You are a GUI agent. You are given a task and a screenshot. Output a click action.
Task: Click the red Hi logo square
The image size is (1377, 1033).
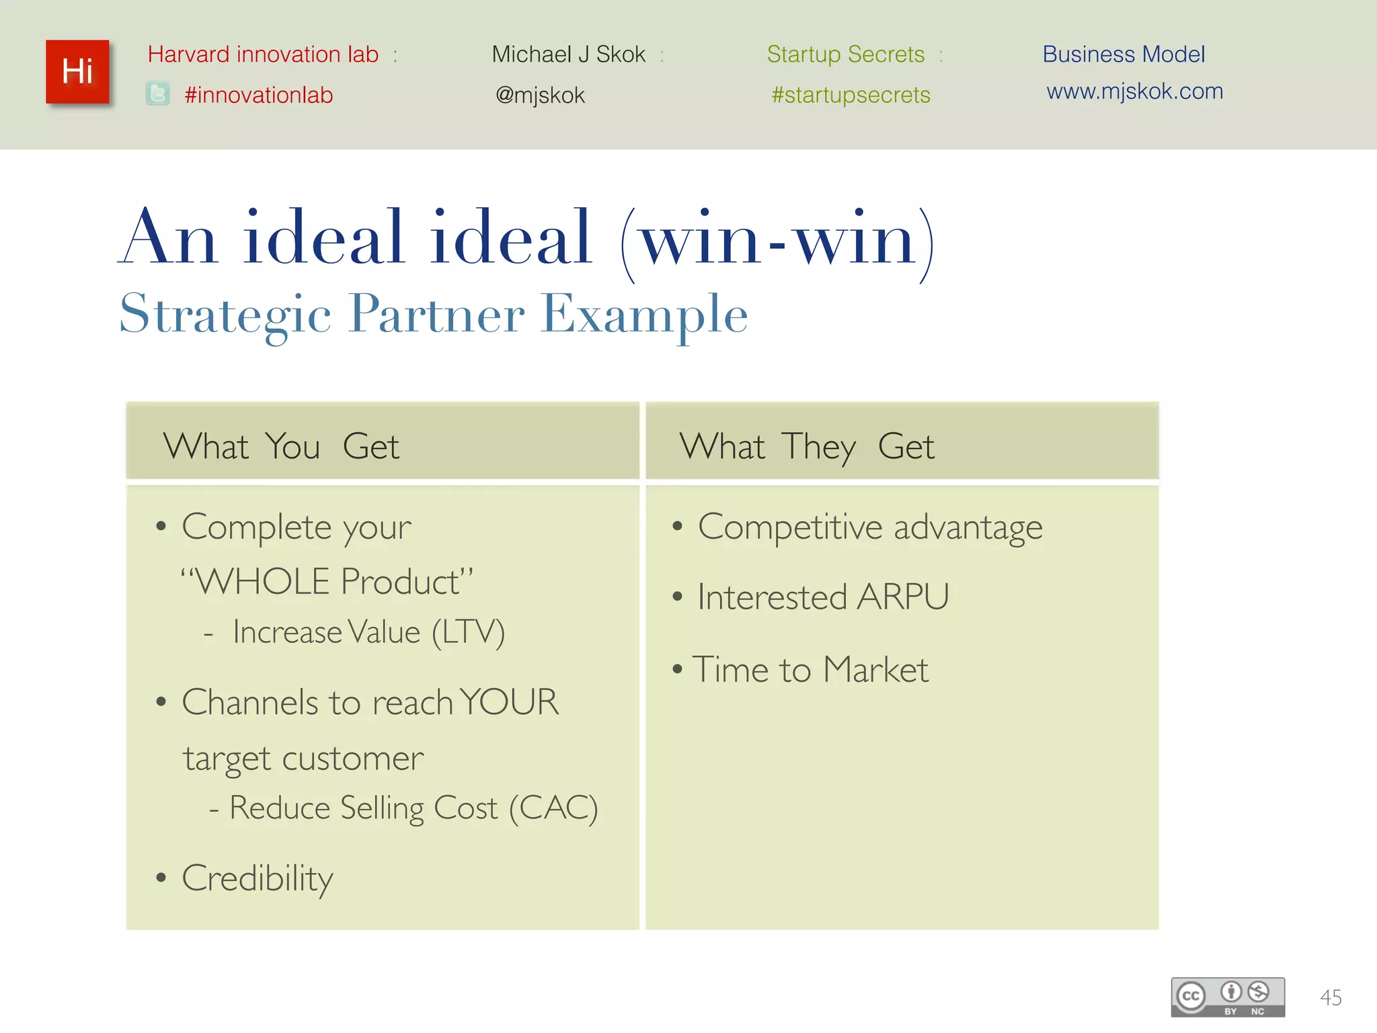coord(77,71)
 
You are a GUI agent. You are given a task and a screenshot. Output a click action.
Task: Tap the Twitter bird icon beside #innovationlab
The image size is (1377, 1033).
coord(158,93)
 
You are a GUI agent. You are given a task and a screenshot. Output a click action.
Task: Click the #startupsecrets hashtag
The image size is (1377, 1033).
coord(851,95)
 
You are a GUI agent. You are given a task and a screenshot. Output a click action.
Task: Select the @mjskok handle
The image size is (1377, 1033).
coord(540,95)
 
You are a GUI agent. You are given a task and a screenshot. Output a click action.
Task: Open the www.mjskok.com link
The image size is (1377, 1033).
coord(1134,91)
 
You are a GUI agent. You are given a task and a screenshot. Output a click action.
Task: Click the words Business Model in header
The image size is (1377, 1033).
coord(1124,54)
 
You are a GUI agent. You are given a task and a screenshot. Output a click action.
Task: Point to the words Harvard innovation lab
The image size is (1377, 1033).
coord(263,54)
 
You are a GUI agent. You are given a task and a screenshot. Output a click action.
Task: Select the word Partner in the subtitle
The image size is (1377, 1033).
coord(437,314)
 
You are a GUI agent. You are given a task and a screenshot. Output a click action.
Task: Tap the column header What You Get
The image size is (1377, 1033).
coord(281,446)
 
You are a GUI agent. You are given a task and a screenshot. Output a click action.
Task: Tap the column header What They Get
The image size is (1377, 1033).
coord(806,446)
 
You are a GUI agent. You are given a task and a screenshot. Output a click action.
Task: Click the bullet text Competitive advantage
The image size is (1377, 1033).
coord(870,527)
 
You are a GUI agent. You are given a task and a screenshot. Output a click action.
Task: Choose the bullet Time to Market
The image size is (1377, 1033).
coord(810,670)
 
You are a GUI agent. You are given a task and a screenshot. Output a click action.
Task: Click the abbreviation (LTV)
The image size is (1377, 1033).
coord(468,632)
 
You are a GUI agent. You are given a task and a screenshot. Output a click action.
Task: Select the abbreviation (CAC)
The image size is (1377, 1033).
coord(553,808)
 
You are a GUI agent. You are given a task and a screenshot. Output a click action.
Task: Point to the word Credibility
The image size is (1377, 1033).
coord(258,878)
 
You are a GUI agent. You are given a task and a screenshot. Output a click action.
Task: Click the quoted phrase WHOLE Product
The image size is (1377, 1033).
coord(327,581)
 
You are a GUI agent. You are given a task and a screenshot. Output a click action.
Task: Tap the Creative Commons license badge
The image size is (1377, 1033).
coord(1228,997)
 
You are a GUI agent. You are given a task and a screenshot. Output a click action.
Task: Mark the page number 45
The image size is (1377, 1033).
coord(1331,997)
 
